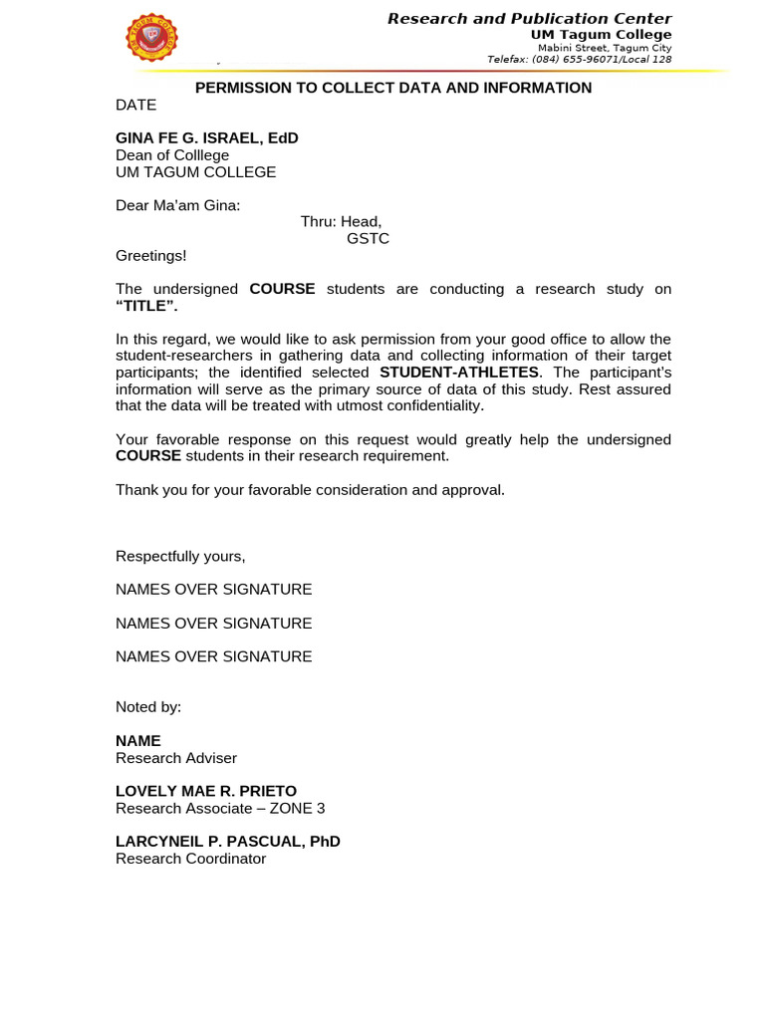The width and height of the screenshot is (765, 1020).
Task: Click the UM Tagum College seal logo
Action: coord(151,38)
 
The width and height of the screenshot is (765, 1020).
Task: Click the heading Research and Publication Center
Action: coord(529,19)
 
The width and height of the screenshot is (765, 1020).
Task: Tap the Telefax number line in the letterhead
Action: coord(579,60)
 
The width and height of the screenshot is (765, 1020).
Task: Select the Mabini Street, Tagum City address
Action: coord(604,48)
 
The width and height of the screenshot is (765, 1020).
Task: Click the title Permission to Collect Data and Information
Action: coord(392,88)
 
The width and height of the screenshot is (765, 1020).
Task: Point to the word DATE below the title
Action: coord(135,105)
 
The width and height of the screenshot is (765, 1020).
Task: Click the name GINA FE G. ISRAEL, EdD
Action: coord(206,138)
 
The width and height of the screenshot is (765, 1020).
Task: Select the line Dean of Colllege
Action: coord(172,155)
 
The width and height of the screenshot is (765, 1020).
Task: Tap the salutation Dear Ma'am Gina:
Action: coord(177,205)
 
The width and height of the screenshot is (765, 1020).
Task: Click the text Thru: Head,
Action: coord(341,222)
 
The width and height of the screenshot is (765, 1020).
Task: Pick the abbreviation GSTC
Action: coord(368,239)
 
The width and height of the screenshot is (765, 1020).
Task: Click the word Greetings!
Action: coord(150,256)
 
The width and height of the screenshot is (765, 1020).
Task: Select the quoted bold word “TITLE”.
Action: coord(146,306)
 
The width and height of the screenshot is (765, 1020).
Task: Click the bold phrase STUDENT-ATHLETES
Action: coord(458,373)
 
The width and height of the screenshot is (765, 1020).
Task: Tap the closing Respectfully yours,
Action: coord(180,556)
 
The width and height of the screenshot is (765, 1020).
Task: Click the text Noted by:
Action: coord(148,707)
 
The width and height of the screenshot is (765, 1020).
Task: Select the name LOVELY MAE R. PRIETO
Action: coord(206,791)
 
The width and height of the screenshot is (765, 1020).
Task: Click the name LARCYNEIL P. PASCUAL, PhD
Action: coord(228,842)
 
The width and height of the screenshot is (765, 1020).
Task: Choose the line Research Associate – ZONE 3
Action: coord(220,808)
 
